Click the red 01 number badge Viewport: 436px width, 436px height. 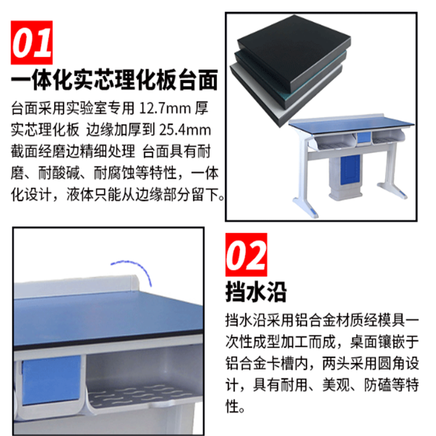pyautogui.click(x=32, y=43)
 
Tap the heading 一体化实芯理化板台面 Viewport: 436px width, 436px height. pyautogui.click(x=114, y=81)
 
